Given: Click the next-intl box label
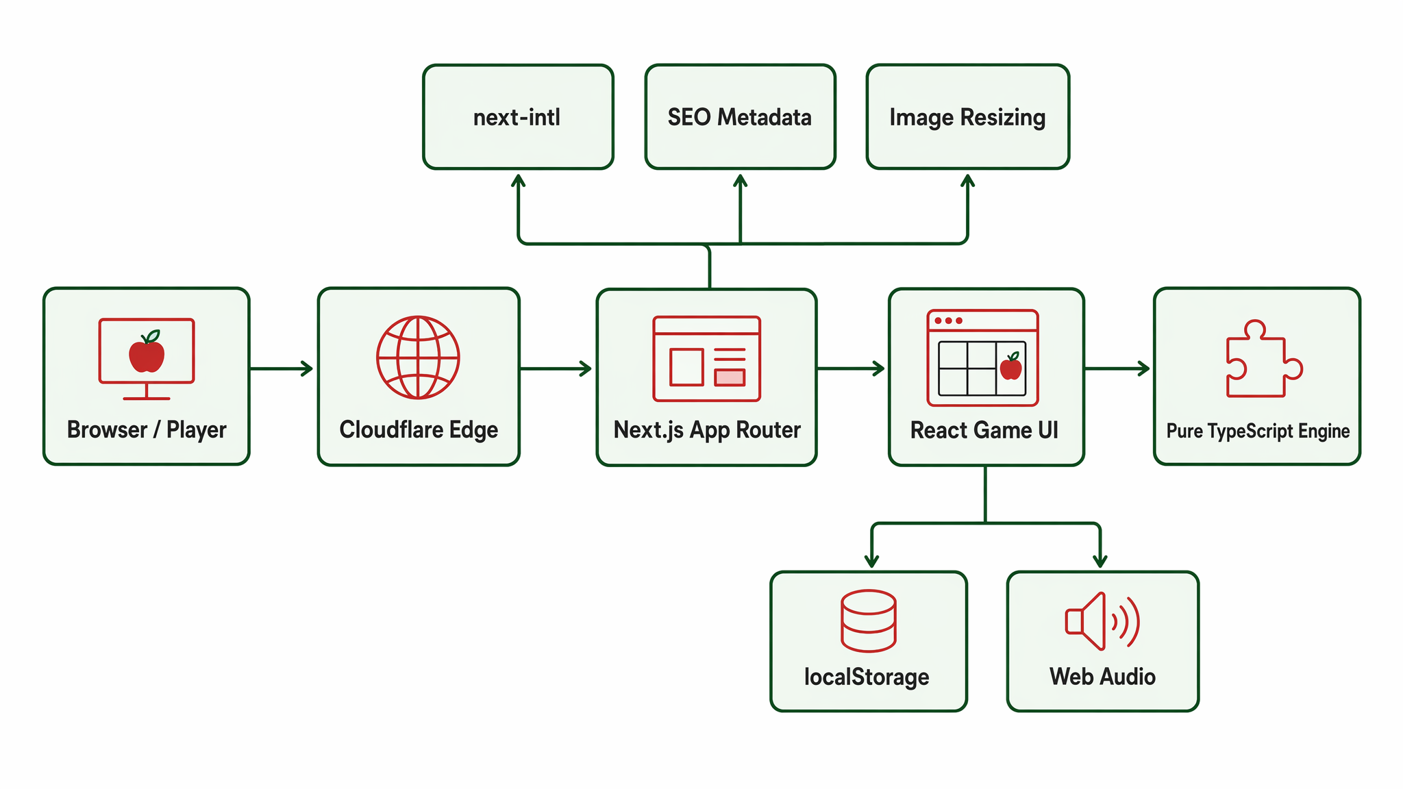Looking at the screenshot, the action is click(x=517, y=117).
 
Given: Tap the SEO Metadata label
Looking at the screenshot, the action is click(x=739, y=117).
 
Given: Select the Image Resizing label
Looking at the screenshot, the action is click(x=967, y=118).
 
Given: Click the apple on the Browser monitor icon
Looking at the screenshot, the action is click(x=147, y=352).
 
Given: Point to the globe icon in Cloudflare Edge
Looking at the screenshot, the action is click(x=418, y=357).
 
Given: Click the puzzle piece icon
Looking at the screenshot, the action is click(x=1264, y=359).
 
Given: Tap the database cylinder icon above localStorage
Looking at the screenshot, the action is click(x=868, y=621).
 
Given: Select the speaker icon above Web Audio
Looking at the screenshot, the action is click(x=1102, y=621).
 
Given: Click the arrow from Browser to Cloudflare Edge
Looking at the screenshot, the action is click(x=282, y=368).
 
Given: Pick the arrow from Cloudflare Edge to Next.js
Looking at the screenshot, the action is click(x=556, y=368).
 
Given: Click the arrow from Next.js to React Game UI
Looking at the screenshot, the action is click(x=851, y=368).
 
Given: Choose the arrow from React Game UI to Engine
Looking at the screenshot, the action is click(x=1117, y=368).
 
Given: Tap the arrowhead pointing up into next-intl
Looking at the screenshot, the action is click(x=519, y=180).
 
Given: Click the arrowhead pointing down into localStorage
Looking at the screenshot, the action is click(x=871, y=561).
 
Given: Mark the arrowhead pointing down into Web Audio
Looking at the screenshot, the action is click(x=1100, y=561).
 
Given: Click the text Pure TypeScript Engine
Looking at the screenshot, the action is click(x=1258, y=431).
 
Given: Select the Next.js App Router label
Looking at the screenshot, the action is click(x=707, y=430).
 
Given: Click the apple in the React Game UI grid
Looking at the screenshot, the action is click(x=1011, y=366).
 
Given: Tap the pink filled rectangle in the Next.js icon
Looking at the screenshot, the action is click(x=730, y=377).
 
